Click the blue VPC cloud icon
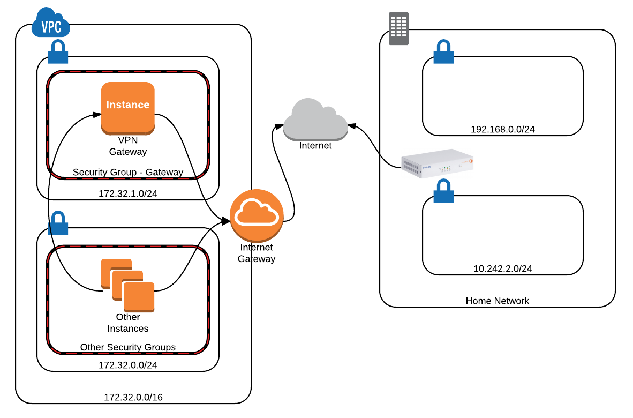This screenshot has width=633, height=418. pos(51,23)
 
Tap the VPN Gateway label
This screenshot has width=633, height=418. pos(128,146)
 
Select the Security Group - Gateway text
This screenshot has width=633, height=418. pos(128,173)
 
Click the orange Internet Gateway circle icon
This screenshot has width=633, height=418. pos(257,215)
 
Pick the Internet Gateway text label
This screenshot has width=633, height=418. pos(257,253)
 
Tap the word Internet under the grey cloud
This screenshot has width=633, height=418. pos(315,145)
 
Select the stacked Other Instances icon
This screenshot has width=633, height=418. pos(128,285)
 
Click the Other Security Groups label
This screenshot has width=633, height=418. pos(128,347)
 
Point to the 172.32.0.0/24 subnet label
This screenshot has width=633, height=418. pos(128,365)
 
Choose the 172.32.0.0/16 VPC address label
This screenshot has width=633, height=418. pos(133,398)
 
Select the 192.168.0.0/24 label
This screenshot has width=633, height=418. pos(502,129)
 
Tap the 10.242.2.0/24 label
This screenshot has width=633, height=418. pos(502,268)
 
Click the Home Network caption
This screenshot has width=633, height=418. pos(497,301)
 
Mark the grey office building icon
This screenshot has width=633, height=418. pos(398,28)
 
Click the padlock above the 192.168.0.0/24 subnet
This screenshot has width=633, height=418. pos(443,53)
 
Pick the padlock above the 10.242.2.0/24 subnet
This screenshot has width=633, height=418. pos(443,191)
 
